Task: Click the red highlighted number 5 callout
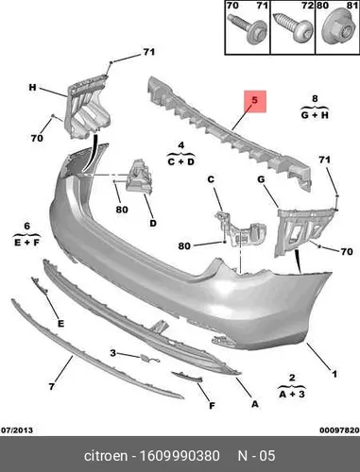(255, 101)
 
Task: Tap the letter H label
(32, 87)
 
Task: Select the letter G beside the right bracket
(262, 179)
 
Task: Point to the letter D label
(153, 224)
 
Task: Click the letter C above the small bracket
(211, 179)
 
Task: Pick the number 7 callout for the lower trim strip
(52, 386)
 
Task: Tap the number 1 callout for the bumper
(334, 374)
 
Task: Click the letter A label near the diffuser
(255, 404)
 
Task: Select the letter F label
(212, 406)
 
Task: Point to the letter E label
(60, 324)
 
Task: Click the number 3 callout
(112, 353)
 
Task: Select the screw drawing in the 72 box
(291, 27)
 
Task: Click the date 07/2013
(17, 430)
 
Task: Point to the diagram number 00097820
(339, 430)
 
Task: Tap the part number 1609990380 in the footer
(180, 456)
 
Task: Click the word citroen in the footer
(106, 456)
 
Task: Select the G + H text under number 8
(315, 115)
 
